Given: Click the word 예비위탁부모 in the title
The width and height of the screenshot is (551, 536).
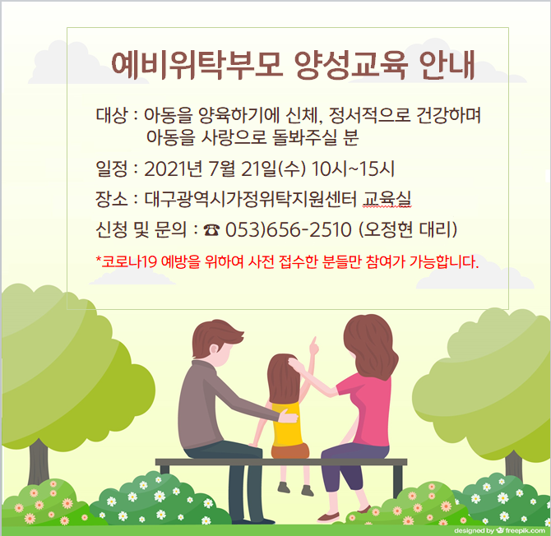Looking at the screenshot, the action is point(197,65).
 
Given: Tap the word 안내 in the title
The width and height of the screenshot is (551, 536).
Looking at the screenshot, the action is point(447,65).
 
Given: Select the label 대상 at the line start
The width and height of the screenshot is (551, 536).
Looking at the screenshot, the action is point(111,115).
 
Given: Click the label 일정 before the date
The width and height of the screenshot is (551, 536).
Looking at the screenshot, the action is point(111,169).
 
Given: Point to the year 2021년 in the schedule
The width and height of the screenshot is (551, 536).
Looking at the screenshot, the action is point(174,169).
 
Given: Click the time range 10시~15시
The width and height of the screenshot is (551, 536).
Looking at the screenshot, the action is point(353,169).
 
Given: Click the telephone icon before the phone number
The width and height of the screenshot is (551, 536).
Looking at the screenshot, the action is point(211,230).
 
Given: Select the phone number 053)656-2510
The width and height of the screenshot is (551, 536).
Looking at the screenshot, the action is point(288,230).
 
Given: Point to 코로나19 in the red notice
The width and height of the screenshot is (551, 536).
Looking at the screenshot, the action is point(128,261).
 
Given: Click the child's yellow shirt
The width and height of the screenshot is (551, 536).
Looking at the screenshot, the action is point(287,425).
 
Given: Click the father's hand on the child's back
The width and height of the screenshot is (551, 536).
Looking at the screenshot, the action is point(289,418).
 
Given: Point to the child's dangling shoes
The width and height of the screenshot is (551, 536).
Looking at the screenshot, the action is point(295,488).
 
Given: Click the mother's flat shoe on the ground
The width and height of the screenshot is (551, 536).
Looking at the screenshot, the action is point(329,517).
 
